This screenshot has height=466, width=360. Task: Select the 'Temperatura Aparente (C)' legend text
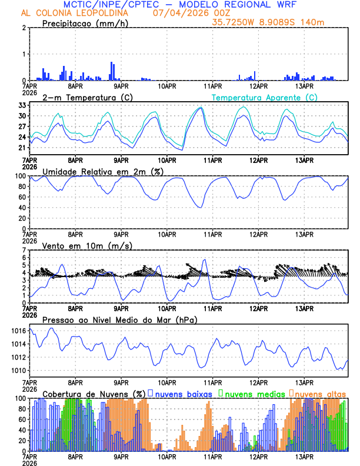pyautogui.click(x=264, y=97)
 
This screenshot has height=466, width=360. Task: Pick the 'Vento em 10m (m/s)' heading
pyautogui.click(x=87, y=245)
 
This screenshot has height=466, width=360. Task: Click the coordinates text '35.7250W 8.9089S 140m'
pyautogui.click(x=268, y=22)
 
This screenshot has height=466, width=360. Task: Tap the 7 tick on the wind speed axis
pyautogui.click(x=25, y=250)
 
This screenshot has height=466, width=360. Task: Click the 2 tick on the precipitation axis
pyautogui.click(x=25, y=28)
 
